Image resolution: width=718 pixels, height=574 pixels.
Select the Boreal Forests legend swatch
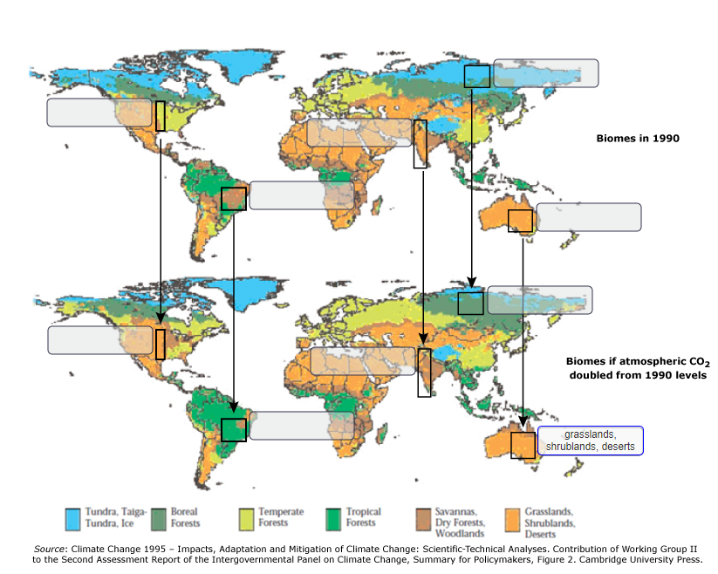(159, 518)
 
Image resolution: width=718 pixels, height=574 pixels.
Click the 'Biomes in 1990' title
(637, 139)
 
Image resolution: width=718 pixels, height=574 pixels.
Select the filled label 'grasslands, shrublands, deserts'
(590, 441)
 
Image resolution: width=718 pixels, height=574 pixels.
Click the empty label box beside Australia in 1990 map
(588, 217)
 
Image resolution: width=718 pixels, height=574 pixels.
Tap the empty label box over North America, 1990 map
(100, 113)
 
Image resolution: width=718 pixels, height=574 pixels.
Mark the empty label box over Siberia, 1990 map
(545, 73)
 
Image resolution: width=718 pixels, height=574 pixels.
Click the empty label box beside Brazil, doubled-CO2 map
(301, 426)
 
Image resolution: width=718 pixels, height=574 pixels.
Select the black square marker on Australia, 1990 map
(520, 221)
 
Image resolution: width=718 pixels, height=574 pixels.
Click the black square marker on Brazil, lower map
(234, 430)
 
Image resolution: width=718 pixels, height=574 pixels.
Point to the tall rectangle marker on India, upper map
(421, 144)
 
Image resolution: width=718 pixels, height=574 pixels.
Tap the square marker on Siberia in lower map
(471, 302)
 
